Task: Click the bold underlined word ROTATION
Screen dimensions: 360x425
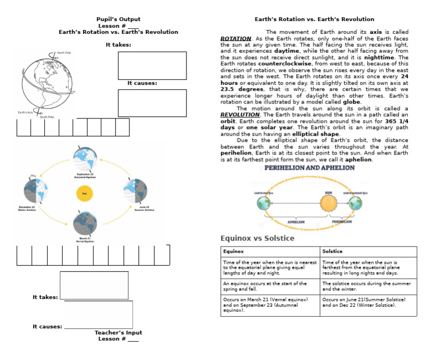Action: [236, 38]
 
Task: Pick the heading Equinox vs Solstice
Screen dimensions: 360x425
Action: [257, 238]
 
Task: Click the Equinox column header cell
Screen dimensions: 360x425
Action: [269, 251]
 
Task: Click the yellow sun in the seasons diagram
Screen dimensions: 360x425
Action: [85, 194]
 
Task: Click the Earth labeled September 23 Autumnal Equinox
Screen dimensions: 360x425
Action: [85, 159]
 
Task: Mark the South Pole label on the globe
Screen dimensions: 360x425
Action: [46, 117]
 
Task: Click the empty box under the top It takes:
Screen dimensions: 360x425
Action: [152, 66]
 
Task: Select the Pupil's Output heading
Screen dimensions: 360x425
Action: [118, 19]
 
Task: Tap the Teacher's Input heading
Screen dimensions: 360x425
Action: [118, 333]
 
